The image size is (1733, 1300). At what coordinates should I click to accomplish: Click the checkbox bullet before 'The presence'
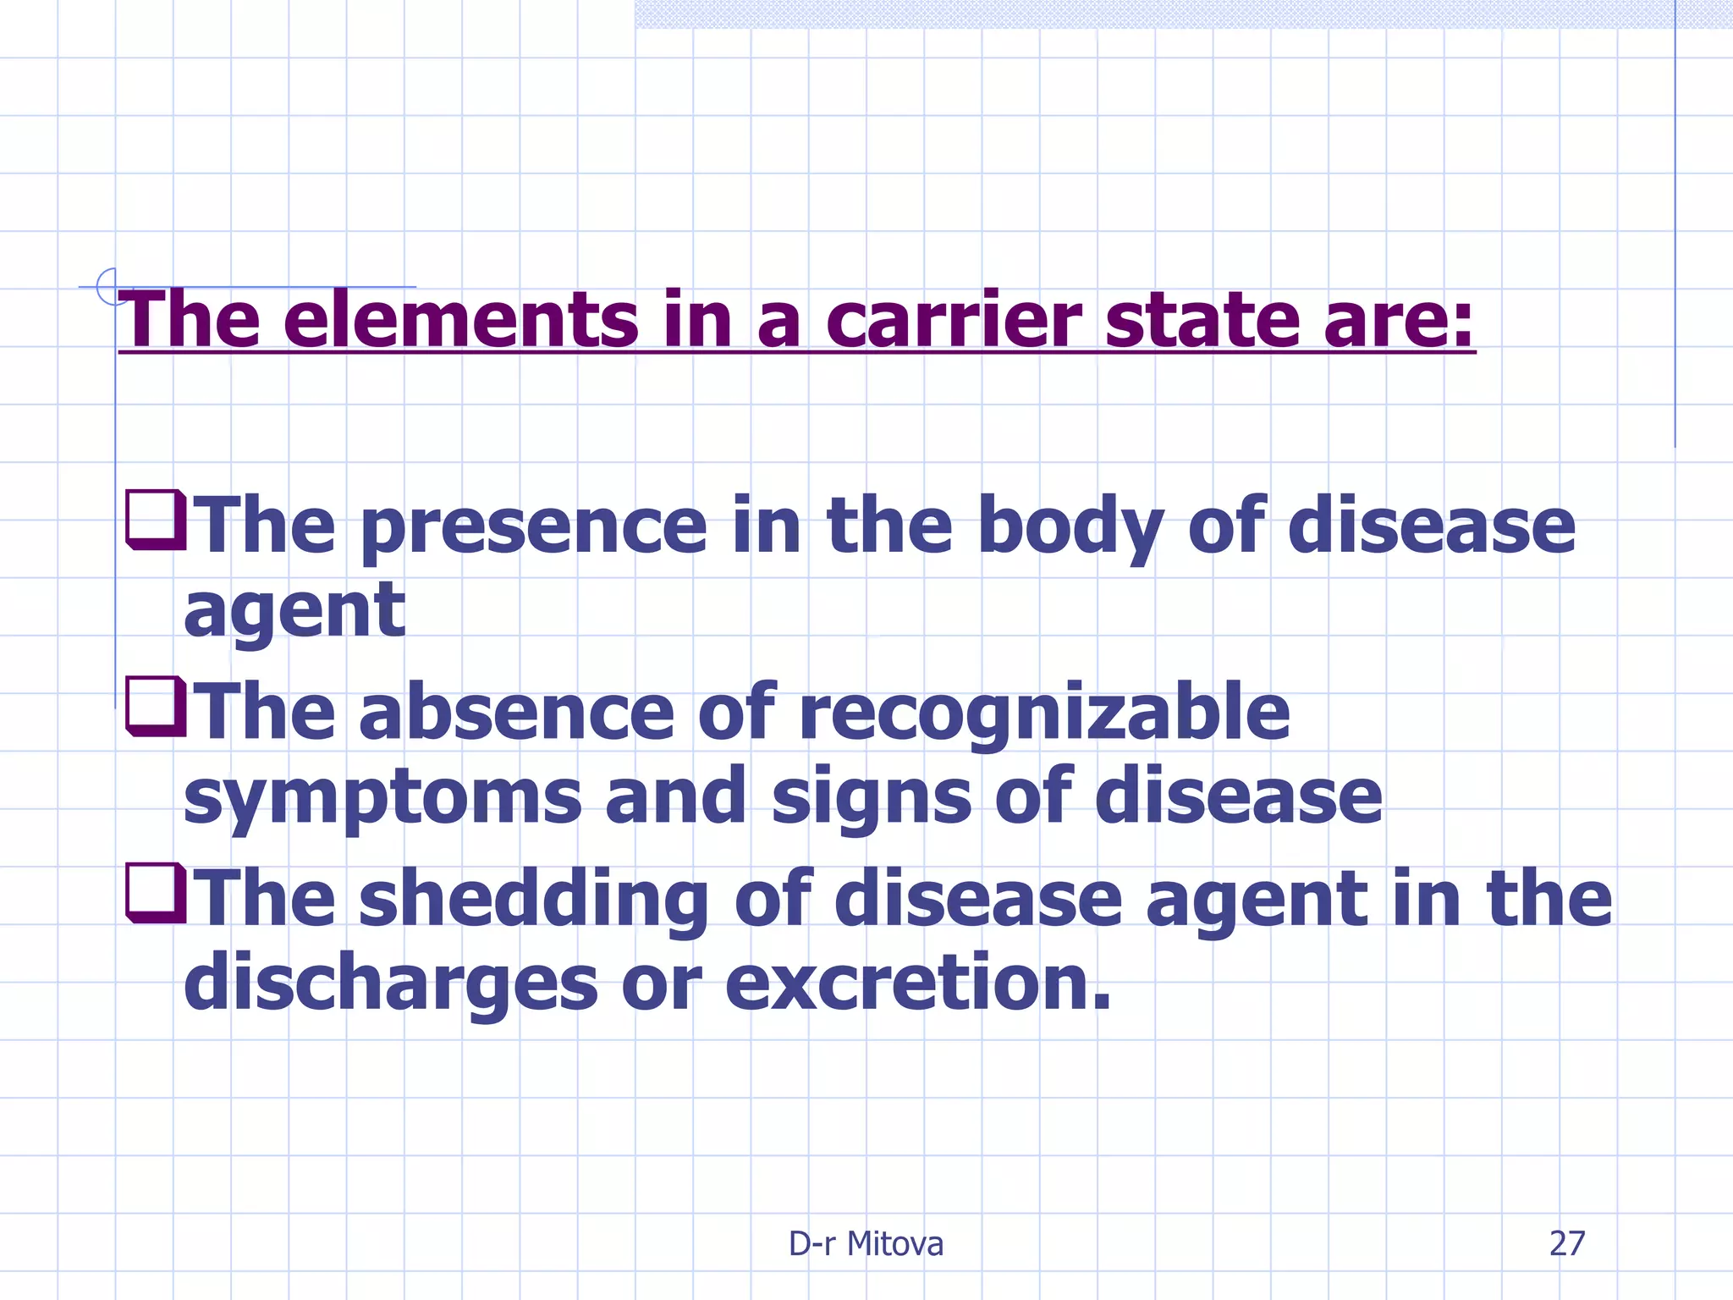pyautogui.click(x=155, y=520)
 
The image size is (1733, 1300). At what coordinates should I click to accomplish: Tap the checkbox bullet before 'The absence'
pyautogui.click(x=155, y=706)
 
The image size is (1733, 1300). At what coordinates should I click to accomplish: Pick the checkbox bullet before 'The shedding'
pyautogui.click(x=155, y=892)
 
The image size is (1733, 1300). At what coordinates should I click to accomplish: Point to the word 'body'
pyautogui.click(x=1070, y=528)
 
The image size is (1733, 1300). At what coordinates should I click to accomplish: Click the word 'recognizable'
pyautogui.click(x=1043, y=715)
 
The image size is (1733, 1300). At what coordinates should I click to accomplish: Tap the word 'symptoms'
pyautogui.click(x=382, y=799)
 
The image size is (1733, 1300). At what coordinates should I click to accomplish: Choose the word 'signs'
pyautogui.click(x=871, y=799)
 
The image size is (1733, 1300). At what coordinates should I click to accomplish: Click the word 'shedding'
pyautogui.click(x=532, y=901)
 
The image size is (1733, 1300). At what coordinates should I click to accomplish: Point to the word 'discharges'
pyautogui.click(x=390, y=985)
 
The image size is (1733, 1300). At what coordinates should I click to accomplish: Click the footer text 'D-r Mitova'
pyautogui.click(x=866, y=1244)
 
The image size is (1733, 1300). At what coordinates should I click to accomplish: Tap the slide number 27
pyautogui.click(x=1566, y=1244)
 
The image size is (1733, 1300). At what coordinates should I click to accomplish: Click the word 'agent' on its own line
pyautogui.click(x=294, y=613)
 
